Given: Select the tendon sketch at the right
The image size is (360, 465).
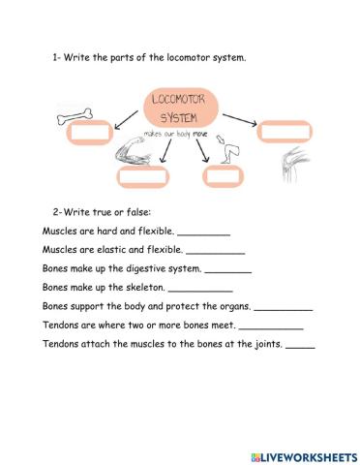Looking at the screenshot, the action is (x=290, y=165).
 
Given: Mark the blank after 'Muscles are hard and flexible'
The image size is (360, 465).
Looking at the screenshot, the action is (x=204, y=233).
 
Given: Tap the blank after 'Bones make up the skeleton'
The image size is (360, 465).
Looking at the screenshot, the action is (x=200, y=289).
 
